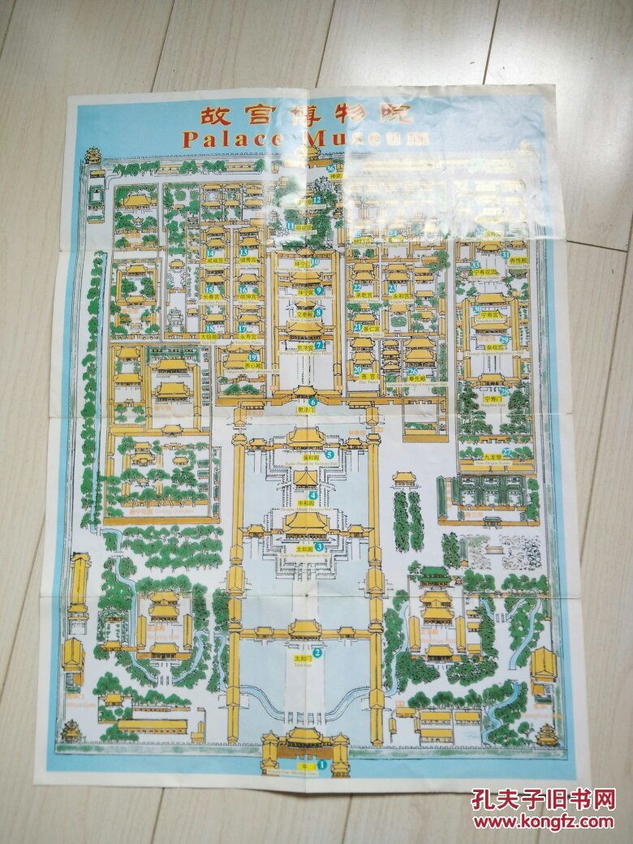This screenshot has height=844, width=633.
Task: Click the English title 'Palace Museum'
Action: click(x=307, y=139)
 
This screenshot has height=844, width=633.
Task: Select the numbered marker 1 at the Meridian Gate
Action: click(x=321, y=764)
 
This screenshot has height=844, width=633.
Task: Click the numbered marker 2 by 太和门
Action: click(x=317, y=652)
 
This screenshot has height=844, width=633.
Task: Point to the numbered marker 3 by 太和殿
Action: click(x=319, y=547)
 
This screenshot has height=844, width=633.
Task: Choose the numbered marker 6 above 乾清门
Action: click(x=312, y=402)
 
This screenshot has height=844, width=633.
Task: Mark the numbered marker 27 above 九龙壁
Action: click(x=506, y=452)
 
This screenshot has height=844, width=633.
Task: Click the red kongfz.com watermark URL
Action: click(x=543, y=821)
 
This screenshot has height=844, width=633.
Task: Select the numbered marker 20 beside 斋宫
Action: click(x=358, y=370)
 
